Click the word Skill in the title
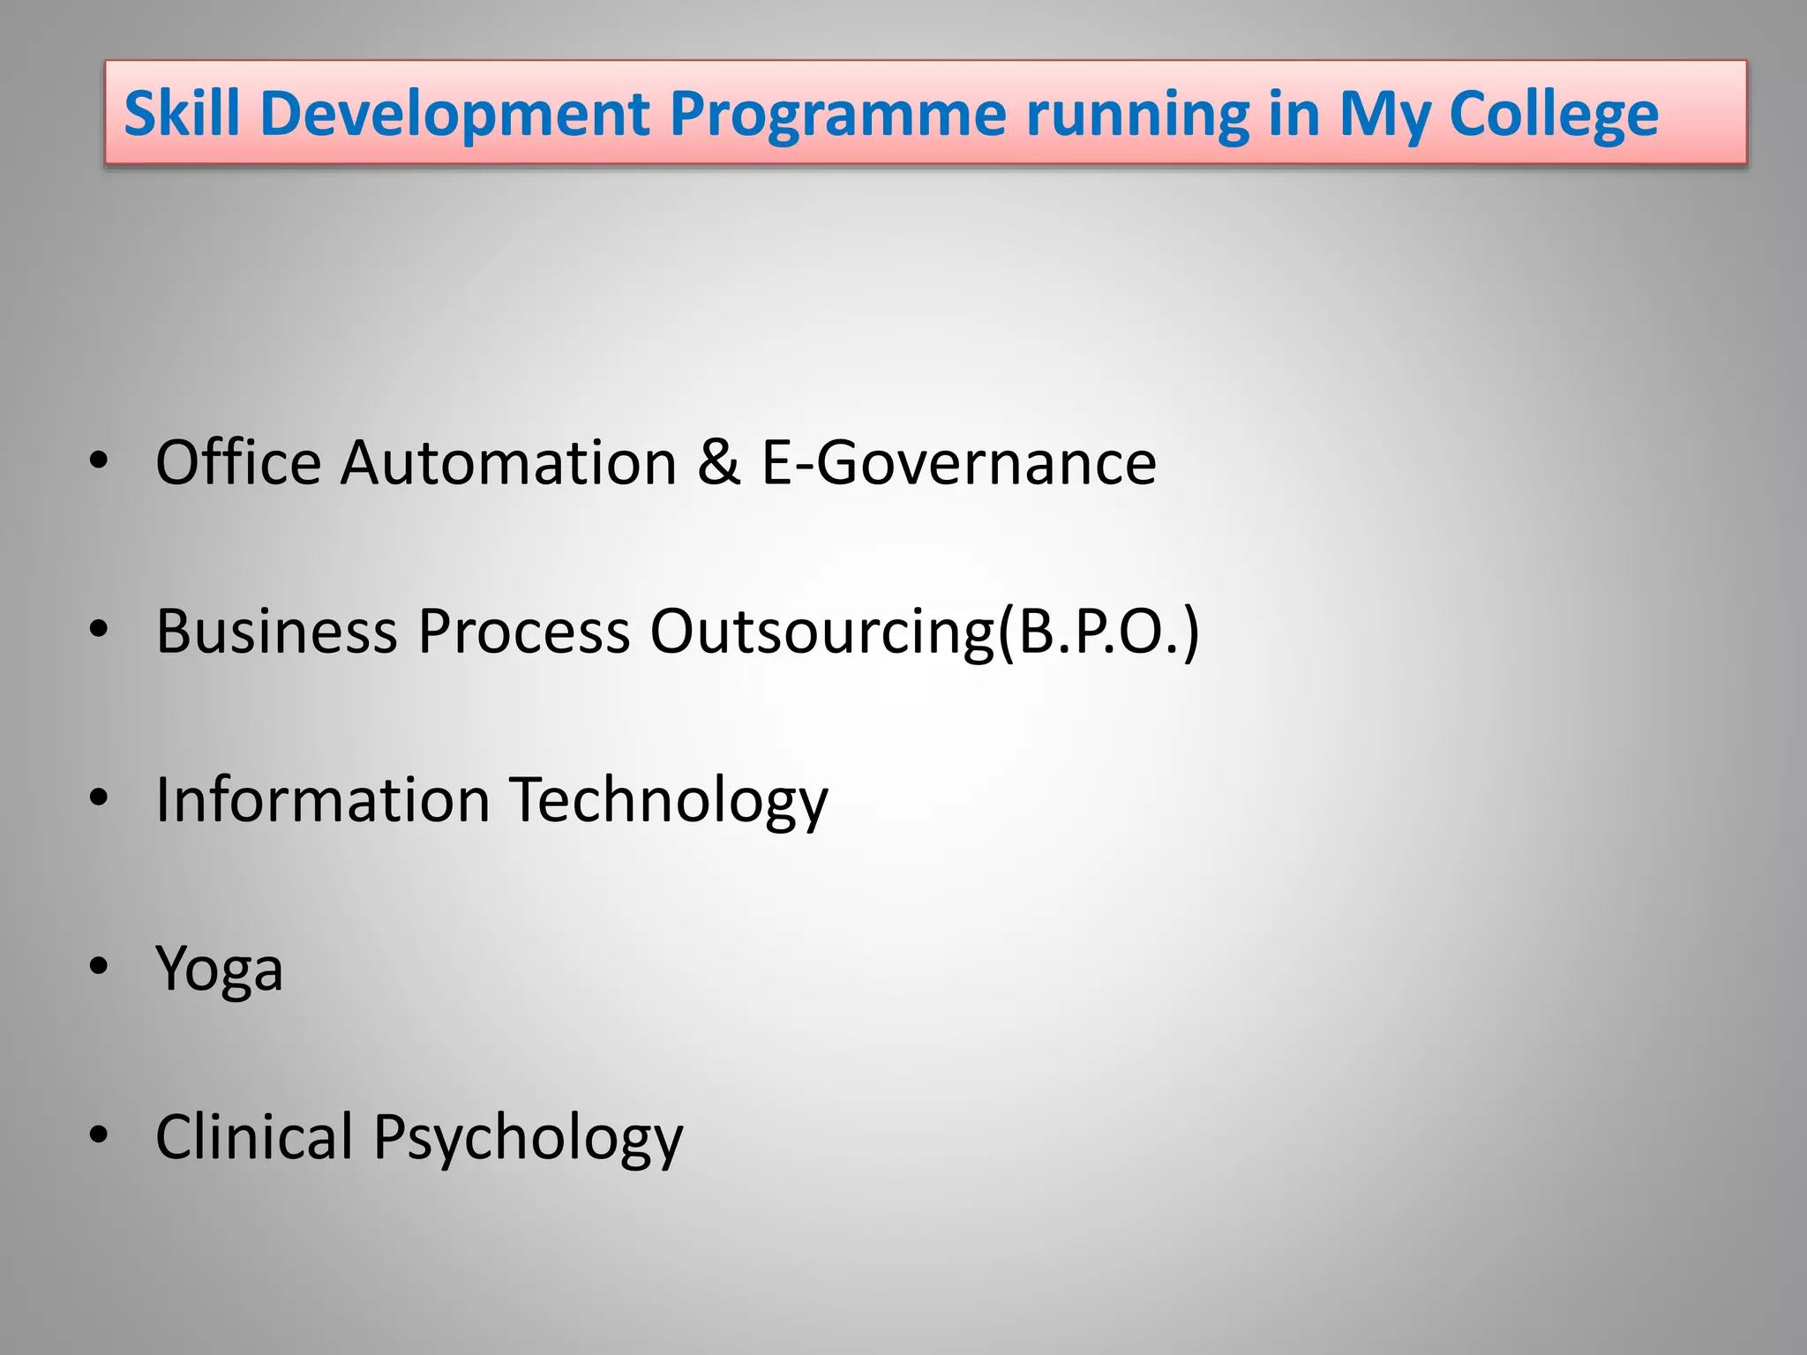[x=182, y=114]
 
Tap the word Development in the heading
[x=454, y=114]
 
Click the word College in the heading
[x=1553, y=114]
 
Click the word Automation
[x=509, y=462]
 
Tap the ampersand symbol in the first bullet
[x=718, y=462]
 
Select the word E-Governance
[x=958, y=462]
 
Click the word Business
[x=276, y=631]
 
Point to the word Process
[x=524, y=631]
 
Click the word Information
[x=322, y=799]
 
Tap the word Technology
[x=670, y=799]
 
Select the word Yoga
[x=219, y=969]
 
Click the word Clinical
[x=254, y=1136]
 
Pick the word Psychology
[x=528, y=1136]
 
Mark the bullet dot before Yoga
[x=99, y=966]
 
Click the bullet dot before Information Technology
[x=99, y=797]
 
